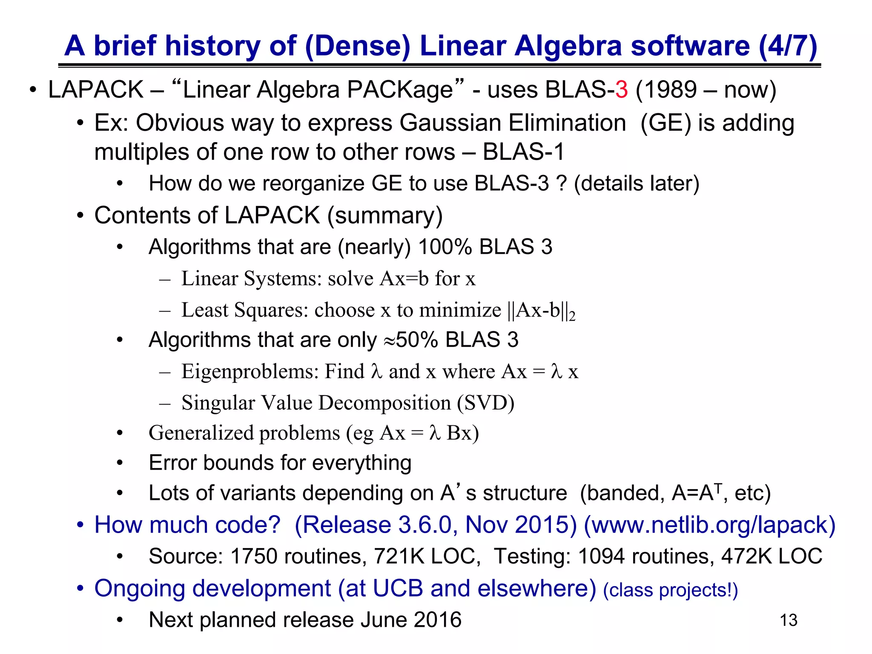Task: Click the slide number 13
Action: coord(788,620)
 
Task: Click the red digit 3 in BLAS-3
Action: coord(621,90)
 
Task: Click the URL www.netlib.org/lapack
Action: coord(709,525)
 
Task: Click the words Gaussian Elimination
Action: coord(513,123)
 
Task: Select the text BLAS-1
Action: coord(523,152)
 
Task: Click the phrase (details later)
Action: coord(637,184)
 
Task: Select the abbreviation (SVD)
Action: coord(485,403)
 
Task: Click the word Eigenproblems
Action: coord(250,371)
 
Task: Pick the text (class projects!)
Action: coord(670,590)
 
